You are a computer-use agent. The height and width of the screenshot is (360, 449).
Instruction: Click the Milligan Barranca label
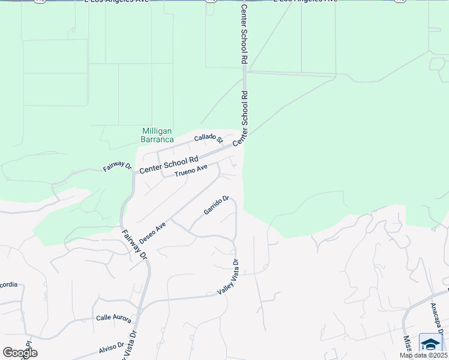[157, 135]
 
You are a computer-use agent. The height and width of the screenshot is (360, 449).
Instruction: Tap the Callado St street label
[208, 139]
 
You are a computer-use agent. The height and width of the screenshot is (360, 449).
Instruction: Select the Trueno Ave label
[190, 171]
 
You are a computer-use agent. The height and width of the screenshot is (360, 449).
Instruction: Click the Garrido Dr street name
[216, 205]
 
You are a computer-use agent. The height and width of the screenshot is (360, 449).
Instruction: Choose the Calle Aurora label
[113, 318]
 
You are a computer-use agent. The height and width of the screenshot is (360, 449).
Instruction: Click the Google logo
[20, 352]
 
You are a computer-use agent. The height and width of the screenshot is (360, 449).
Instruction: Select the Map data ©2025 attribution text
[423, 355]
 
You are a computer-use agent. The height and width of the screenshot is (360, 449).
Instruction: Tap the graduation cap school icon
[430, 344]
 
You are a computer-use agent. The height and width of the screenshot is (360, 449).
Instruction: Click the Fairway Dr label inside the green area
[117, 166]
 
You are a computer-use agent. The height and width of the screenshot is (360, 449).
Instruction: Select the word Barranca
[157, 139]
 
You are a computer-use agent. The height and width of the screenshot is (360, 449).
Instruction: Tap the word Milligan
[157, 131]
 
